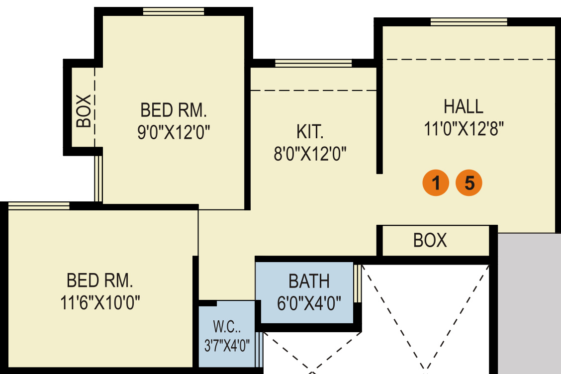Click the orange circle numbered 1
[x=436, y=183]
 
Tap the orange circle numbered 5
[x=469, y=183]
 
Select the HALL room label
[x=464, y=106]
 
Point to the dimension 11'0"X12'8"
[x=464, y=129]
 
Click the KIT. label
[x=310, y=132]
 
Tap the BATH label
[x=309, y=281]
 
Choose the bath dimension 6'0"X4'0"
[x=309, y=303]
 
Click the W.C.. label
[x=227, y=328]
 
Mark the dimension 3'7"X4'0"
[x=227, y=346]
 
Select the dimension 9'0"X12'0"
[x=174, y=132]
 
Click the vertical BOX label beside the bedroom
[x=84, y=110]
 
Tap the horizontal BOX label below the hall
[x=430, y=241]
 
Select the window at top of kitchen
[x=313, y=63]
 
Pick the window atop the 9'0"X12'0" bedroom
[x=173, y=11]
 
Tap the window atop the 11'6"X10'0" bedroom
[x=39, y=206]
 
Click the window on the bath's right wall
[x=357, y=283]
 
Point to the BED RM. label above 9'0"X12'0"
[x=173, y=109]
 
